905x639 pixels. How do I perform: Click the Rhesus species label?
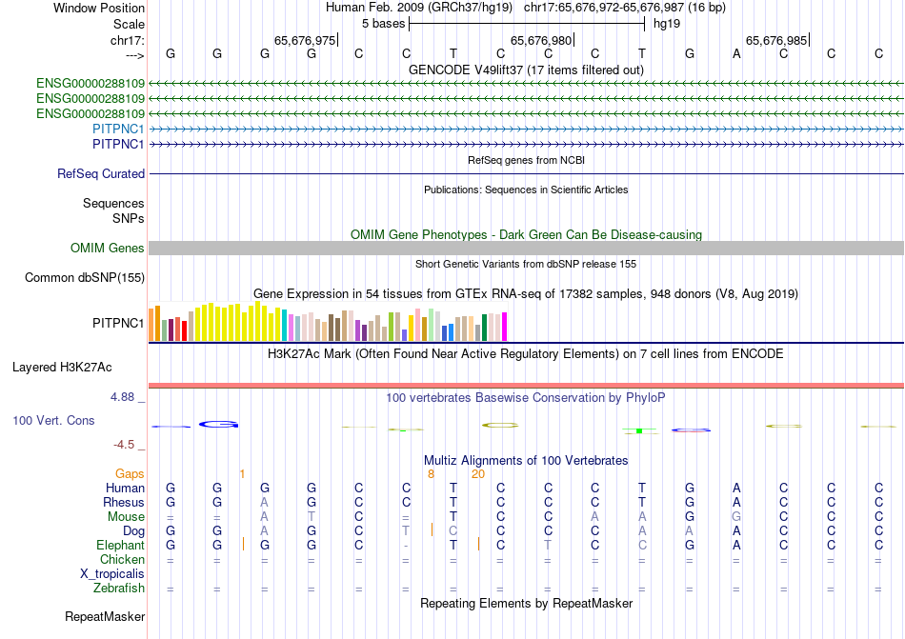125,503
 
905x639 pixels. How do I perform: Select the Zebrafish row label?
119,589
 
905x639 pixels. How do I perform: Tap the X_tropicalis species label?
112,574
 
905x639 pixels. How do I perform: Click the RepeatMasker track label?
105,617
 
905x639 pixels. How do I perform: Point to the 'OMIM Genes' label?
108,249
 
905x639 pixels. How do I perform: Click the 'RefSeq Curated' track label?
101,174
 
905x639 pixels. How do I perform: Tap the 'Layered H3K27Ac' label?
62,367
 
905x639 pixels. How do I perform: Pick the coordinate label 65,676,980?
541,41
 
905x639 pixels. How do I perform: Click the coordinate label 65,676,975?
305,41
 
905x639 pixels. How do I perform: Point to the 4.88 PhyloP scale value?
125,396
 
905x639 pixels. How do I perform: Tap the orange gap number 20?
478,473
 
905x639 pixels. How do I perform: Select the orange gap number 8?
431,473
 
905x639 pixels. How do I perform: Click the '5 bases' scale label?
382,24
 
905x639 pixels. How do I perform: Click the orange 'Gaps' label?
130,473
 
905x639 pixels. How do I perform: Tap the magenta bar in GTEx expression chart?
504,327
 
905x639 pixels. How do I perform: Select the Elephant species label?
120,546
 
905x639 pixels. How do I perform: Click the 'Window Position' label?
99,8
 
